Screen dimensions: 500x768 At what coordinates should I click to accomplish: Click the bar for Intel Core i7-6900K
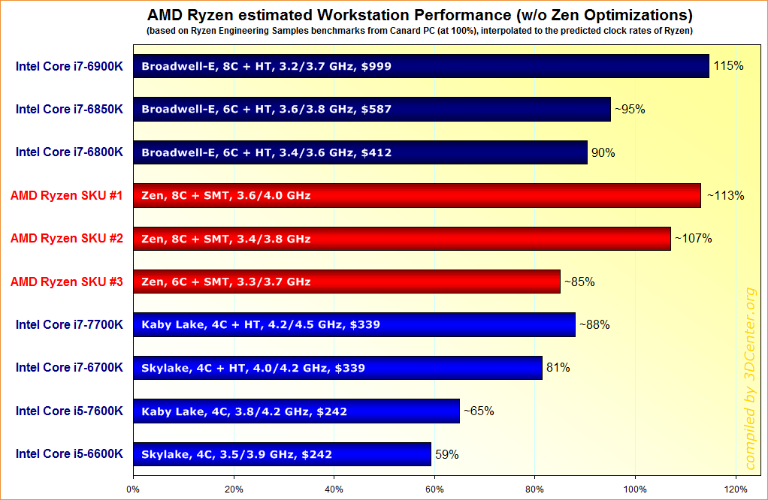point(421,66)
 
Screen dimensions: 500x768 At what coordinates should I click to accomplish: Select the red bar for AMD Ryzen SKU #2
point(401,239)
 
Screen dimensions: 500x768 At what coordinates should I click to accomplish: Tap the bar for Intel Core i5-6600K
point(282,454)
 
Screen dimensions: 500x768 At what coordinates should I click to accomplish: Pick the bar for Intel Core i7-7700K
point(354,325)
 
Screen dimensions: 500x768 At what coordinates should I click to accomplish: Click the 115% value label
point(729,66)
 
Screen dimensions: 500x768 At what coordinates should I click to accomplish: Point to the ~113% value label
point(724,196)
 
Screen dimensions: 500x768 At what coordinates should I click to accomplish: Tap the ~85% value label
point(579,282)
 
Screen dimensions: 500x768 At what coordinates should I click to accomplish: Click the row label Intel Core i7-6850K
point(69,109)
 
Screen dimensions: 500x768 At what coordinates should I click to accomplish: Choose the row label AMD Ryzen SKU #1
point(67,195)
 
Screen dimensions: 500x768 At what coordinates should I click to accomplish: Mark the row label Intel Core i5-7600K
point(69,411)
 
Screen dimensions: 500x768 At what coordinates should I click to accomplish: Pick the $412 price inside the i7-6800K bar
point(376,152)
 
